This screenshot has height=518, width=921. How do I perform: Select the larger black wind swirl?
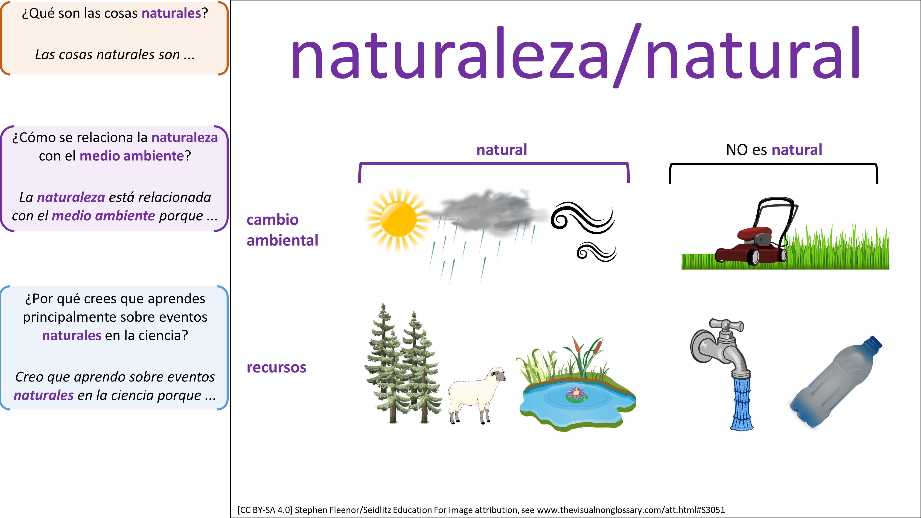tap(583, 218)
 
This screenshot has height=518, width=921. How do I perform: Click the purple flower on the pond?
tap(576, 393)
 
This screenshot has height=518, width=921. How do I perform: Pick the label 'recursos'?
tap(276, 367)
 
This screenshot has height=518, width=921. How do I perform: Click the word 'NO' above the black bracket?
tap(737, 150)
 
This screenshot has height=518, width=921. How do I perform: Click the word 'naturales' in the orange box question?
tap(172, 13)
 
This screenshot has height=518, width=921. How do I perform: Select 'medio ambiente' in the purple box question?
tap(131, 156)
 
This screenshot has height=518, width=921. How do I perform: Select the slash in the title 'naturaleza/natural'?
tap(627, 55)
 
